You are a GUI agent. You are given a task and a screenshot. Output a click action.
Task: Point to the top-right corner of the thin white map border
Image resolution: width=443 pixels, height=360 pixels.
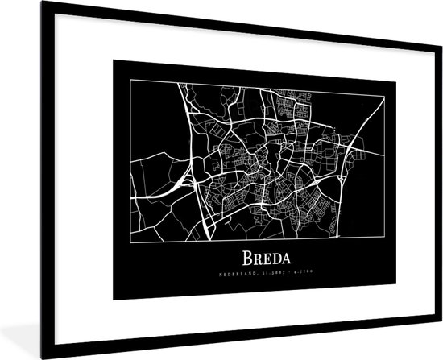tap(383, 94)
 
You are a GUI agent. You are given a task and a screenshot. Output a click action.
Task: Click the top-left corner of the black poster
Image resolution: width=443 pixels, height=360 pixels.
tap(113, 60)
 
